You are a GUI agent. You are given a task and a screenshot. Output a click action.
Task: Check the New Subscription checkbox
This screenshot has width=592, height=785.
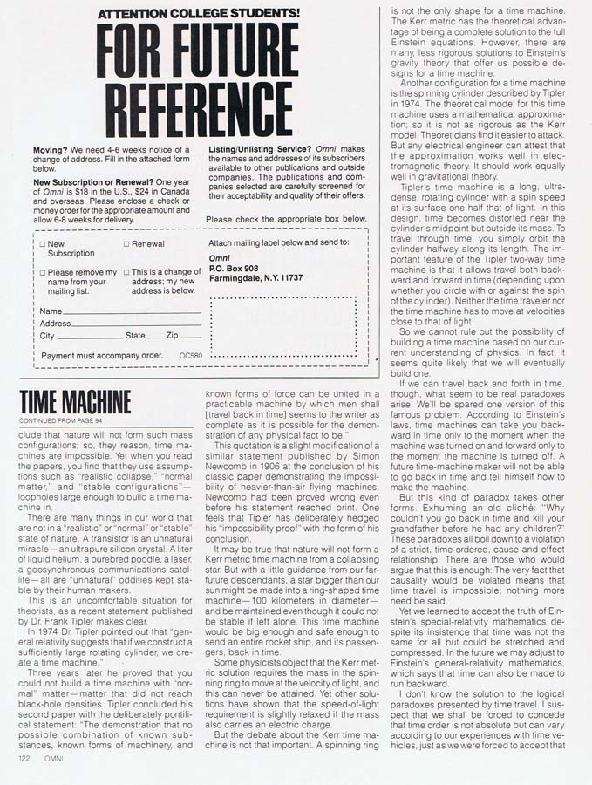click(x=43, y=244)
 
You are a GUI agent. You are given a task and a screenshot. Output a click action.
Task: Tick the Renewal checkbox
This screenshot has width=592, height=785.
click(x=126, y=244)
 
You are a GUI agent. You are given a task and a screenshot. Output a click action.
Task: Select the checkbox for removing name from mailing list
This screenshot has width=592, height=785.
click(x=43, y=272)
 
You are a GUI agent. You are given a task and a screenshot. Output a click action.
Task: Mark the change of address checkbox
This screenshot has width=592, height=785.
click(x=126, y=272)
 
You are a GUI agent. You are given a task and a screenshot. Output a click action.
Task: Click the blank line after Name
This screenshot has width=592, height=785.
click(x=132, y=311)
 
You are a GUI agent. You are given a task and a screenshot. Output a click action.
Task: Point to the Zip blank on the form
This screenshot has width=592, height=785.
click(x=191, y=336)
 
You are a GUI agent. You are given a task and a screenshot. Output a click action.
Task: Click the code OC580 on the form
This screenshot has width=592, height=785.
click(x=190, y=356)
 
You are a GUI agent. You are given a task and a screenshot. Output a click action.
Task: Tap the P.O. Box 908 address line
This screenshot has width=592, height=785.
click(x=234, y=268)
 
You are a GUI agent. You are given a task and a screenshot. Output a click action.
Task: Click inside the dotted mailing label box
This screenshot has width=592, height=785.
click(x=282, y=324)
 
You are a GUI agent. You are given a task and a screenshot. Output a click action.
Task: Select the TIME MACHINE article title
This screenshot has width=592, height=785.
click(x=75, y=402)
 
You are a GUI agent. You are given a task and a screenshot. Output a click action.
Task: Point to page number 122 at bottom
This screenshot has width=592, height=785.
click(x=25, y=758)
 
